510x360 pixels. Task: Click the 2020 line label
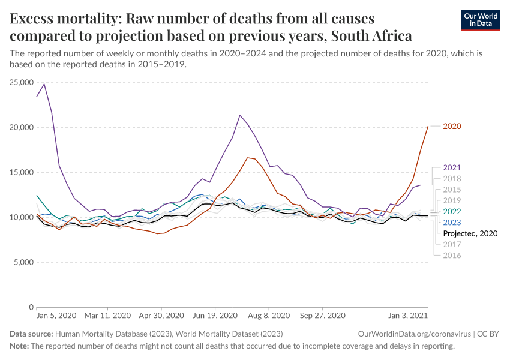[x=451, y=127]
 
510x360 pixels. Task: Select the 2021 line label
[x=451, y=168]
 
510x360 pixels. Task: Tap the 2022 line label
[x=451, y=211]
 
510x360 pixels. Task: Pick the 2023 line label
[x=451, y=222]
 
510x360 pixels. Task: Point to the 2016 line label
[x=451, y=255]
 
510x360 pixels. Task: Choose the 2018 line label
[x=451, y=179]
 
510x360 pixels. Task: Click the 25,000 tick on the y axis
[x=22, y=82]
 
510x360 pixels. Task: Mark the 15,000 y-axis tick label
[x=22, y=172]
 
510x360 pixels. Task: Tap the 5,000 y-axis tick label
[x=24, y=262]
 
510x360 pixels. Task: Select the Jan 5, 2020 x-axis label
[x=56, y=315]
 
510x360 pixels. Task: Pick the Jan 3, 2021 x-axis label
[x=408, y=315]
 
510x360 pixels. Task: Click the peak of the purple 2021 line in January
[x=44, y=84]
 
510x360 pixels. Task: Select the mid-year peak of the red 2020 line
[x=247, y=158]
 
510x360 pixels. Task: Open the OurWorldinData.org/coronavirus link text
[x=413, y=334]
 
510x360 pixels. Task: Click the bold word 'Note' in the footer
[x=19, y=346]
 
